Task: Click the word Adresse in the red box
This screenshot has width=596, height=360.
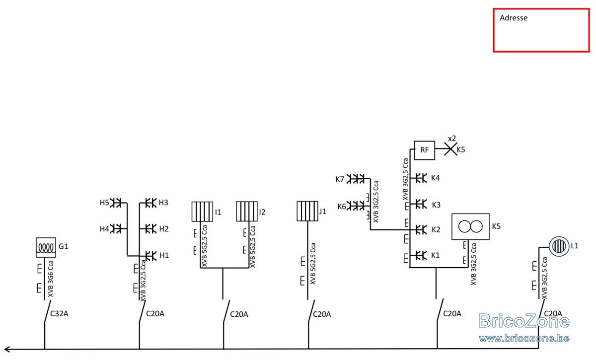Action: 514,18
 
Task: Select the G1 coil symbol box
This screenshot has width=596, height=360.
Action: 46,247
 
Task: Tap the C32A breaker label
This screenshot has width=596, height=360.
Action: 59,314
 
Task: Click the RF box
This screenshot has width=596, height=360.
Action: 424,150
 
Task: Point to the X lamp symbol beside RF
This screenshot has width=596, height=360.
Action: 450,149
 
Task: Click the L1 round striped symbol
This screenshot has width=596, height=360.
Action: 559,246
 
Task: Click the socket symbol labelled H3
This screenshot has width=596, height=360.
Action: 150,203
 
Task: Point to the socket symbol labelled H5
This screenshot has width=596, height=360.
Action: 116,203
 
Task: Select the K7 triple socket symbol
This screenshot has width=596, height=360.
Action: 356,179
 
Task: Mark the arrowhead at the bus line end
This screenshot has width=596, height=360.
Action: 6,350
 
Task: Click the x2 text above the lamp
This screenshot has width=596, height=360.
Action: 452,139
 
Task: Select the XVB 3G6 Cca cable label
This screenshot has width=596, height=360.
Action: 51,279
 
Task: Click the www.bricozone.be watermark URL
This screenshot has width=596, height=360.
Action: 524,339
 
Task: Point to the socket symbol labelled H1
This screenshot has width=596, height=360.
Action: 150,256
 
